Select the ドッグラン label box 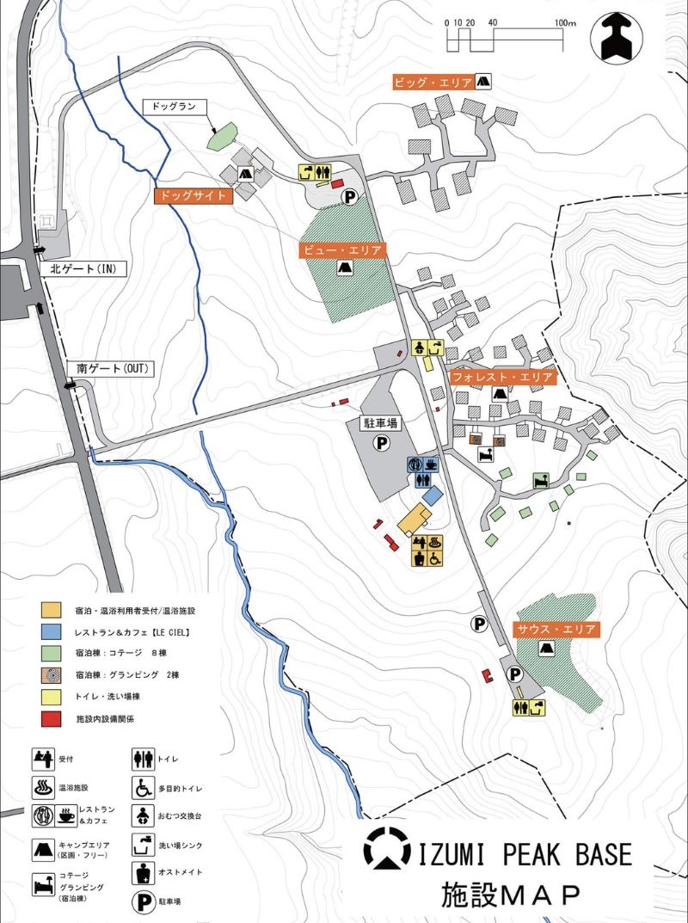click(x=175, y=108)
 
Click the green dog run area click(x=224, y=135)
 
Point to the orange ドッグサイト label click(x=193, y=195)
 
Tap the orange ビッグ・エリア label click(x=433, y=83)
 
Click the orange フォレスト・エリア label click(x=502, y=377)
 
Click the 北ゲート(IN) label click(x=83, y=269)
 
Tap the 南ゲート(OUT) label click(x=113, y=368)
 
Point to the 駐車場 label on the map click(x=379, y=423)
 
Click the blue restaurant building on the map click(x=432, y=496)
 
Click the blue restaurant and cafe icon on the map click(x=423, y=465)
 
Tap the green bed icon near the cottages click(x=542, y=480)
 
